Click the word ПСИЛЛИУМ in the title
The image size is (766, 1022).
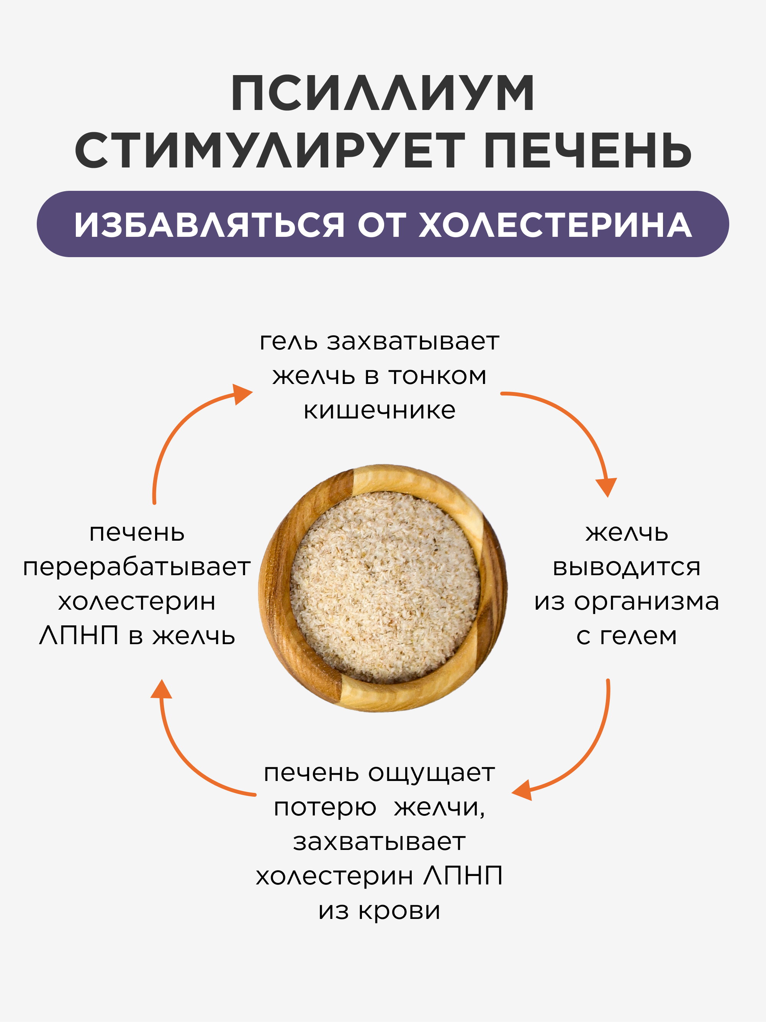(383, 93)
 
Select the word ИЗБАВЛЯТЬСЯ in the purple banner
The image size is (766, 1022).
(209, 225)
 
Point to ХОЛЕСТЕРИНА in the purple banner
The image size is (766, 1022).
(555, 225)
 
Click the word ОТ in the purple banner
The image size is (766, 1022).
(382, 225)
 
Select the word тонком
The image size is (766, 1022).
(437, 376)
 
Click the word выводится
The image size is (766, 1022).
(627, 567)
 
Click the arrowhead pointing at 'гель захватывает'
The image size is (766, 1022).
(242, 394)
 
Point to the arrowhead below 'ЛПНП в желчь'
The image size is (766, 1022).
(161, 689)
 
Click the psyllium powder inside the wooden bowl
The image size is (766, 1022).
(385, 587)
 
